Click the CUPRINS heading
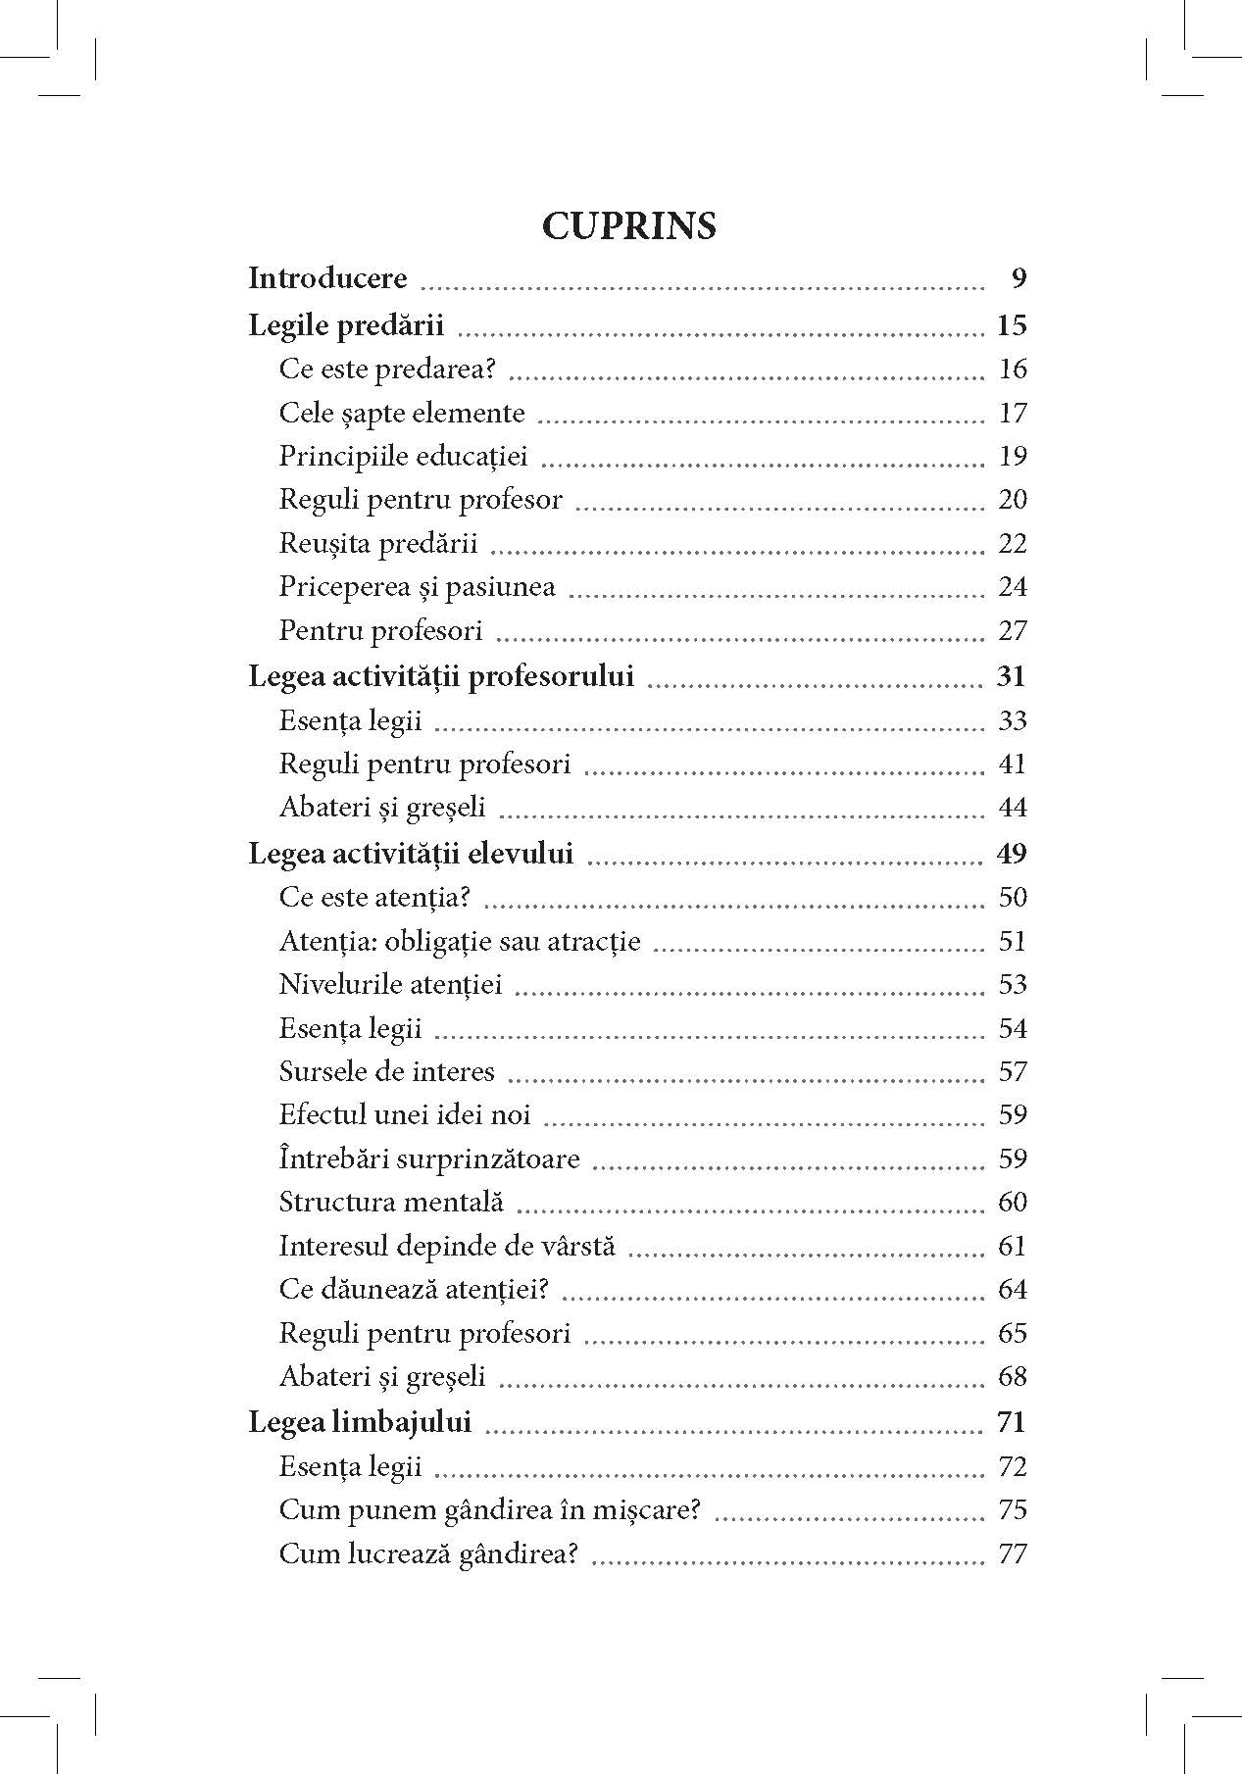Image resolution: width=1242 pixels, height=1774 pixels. (x=628, y=226)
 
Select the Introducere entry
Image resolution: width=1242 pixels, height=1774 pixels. (x=327, y=279)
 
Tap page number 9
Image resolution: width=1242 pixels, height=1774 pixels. (x=1018, y=280)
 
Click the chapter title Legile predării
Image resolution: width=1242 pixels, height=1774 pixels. (x=346, y=325)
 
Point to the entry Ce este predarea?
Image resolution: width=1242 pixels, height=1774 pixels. (x=387, y=370)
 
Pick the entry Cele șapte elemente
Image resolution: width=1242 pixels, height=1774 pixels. (x=402, y=414)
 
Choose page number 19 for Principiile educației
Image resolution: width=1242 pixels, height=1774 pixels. (x=1012, y=457)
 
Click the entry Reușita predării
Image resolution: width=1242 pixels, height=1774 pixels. (x=378, y=543)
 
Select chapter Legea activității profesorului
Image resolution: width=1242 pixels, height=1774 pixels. (x=441, y=676)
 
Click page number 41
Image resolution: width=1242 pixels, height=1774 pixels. (x=1012, y=764)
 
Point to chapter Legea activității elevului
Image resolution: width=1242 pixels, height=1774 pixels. (x=411, y=854)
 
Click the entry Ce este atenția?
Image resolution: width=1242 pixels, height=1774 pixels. (x=374, y=898)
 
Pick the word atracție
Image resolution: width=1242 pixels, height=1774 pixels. (x=597, y=942)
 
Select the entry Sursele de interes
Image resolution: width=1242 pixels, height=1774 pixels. (x=387, y=1072)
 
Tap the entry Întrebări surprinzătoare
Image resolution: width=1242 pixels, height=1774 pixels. (x=429, y=1159)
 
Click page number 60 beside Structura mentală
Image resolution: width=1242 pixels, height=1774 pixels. (x=1012, y=1203)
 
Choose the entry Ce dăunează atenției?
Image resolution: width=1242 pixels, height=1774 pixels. (x=414, y=1290)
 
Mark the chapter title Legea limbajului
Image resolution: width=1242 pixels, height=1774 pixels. (x=360, y=1422)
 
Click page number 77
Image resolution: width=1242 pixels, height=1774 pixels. (x=1012, y=1554)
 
